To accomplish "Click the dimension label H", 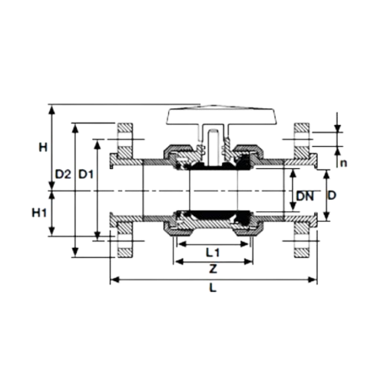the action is (x=43, y=147).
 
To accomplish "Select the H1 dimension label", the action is (x=39, y=213).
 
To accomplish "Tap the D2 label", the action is (x=63, y=174).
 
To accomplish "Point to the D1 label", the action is (x=86, y=174).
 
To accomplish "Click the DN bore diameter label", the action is (x=305, y=197).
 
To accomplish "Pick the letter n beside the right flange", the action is (x=343, y=163).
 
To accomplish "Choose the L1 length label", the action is (x=213, y=253).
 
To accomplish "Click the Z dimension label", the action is (x=213, y=269).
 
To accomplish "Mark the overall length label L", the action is (x=213, y=288).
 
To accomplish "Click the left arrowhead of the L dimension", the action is (x=114, y=280).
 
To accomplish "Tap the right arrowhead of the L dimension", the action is (x=313, y=280).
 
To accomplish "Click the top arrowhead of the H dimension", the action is (x=52, y=108).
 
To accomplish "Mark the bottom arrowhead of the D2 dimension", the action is (x=75, y=253).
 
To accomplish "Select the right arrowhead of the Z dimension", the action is (x=250, y=262).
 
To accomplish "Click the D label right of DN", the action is (x=332, y=196).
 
